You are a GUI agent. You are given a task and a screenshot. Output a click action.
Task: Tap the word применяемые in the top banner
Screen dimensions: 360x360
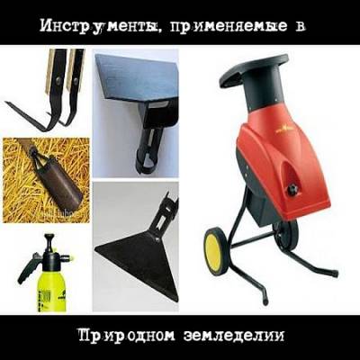(227, 27)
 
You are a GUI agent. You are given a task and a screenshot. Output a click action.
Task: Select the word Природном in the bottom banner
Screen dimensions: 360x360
(126, 336)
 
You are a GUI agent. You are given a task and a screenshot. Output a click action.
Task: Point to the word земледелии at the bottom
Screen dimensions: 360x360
(233, 336)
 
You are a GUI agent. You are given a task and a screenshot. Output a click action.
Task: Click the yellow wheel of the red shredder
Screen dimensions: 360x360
(215, 251)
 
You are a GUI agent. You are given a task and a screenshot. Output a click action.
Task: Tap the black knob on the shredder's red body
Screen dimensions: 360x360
(292, 189)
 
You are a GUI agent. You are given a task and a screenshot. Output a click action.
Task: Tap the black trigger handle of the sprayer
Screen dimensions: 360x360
(28, 268)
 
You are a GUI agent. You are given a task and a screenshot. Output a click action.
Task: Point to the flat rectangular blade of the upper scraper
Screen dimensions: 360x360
(136, 78)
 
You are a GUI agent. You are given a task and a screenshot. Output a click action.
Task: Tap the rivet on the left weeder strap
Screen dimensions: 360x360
(59, 81)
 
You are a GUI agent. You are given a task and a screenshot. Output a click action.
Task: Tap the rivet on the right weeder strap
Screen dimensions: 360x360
(76, 81)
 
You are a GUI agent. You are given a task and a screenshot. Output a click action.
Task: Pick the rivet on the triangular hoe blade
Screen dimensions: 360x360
(156, 238)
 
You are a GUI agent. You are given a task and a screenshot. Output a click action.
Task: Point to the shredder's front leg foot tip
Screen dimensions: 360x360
(265, 301)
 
